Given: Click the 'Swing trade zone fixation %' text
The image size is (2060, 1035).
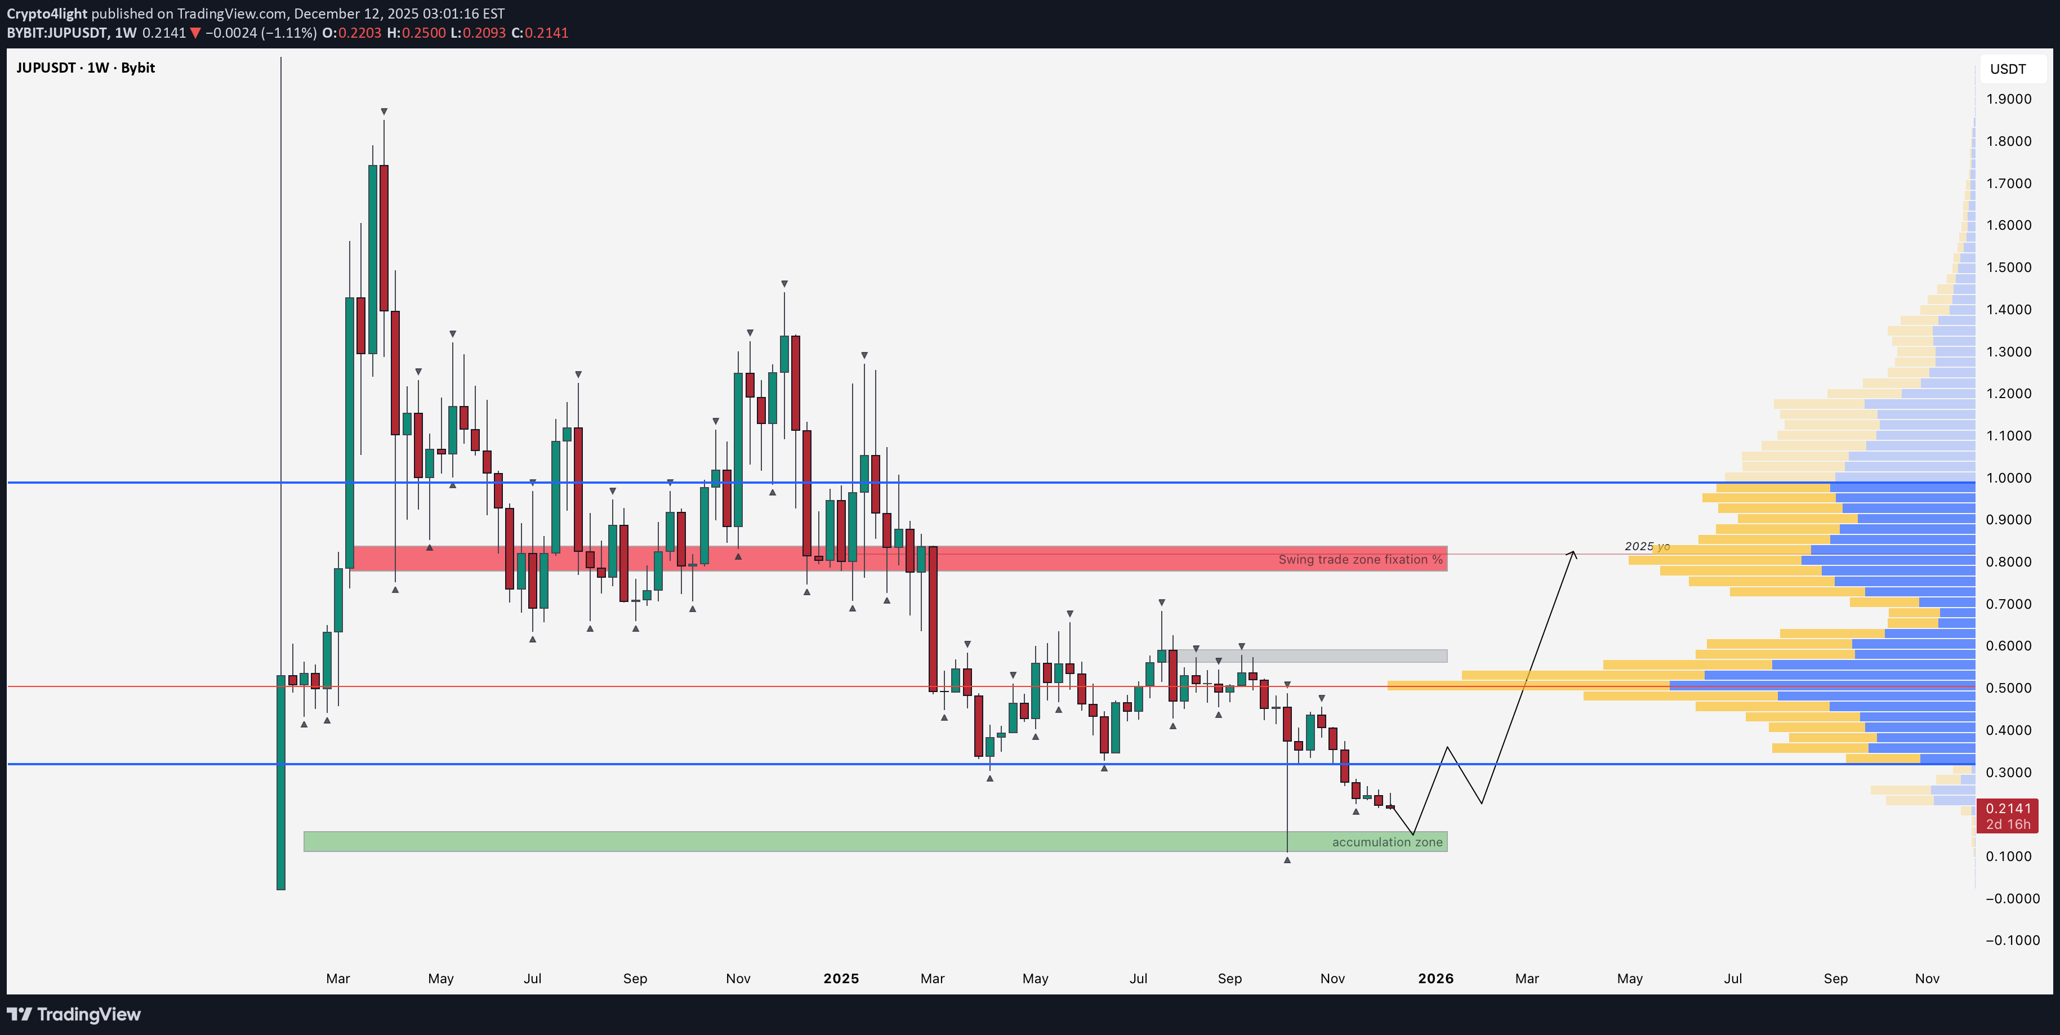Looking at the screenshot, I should (x=1359, y=559).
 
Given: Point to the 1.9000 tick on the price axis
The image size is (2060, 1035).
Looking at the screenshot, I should (x=2008, y=99).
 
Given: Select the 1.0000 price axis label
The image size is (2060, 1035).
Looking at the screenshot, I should (x=2008, y=478).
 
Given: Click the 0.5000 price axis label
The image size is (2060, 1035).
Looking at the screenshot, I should (x=2008, y=688).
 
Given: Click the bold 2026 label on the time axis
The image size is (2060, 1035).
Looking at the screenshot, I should (x=1435, y=978).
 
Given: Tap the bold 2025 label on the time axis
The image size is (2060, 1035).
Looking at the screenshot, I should (x=840, y=978).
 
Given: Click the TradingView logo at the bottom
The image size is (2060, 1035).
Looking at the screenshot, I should (x=74, y=1014).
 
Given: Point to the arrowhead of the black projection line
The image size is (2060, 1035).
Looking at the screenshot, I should (x=1573, y=552).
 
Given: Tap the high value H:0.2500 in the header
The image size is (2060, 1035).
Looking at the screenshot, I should (x=416, y=33).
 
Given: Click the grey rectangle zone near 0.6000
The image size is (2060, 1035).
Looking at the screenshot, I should (x=1312, y=656).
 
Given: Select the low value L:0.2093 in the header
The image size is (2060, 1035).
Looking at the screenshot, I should (x=478, y=33).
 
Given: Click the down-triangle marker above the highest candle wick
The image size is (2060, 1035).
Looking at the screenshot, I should (x=384, y=111).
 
